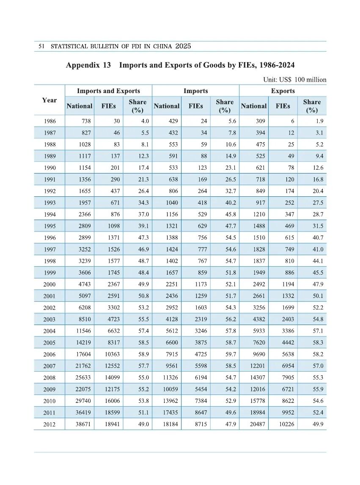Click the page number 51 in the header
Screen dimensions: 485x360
[x=41, y=46]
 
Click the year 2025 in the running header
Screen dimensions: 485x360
[x=183, y=46]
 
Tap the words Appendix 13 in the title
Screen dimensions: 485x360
[x=88, y=65]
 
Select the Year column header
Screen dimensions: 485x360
[x=49, y=100]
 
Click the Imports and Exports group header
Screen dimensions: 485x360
[x=108, y=91]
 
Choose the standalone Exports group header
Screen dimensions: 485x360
[x=283, y=91]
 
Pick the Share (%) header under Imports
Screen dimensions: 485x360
[x=225, y=106]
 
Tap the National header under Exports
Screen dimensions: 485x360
[x=253, y=106]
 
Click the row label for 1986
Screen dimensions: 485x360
[x=49, y=121]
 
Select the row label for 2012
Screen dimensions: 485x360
[x=49, y=424]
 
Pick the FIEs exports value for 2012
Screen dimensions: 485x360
[x=283, y=424]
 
